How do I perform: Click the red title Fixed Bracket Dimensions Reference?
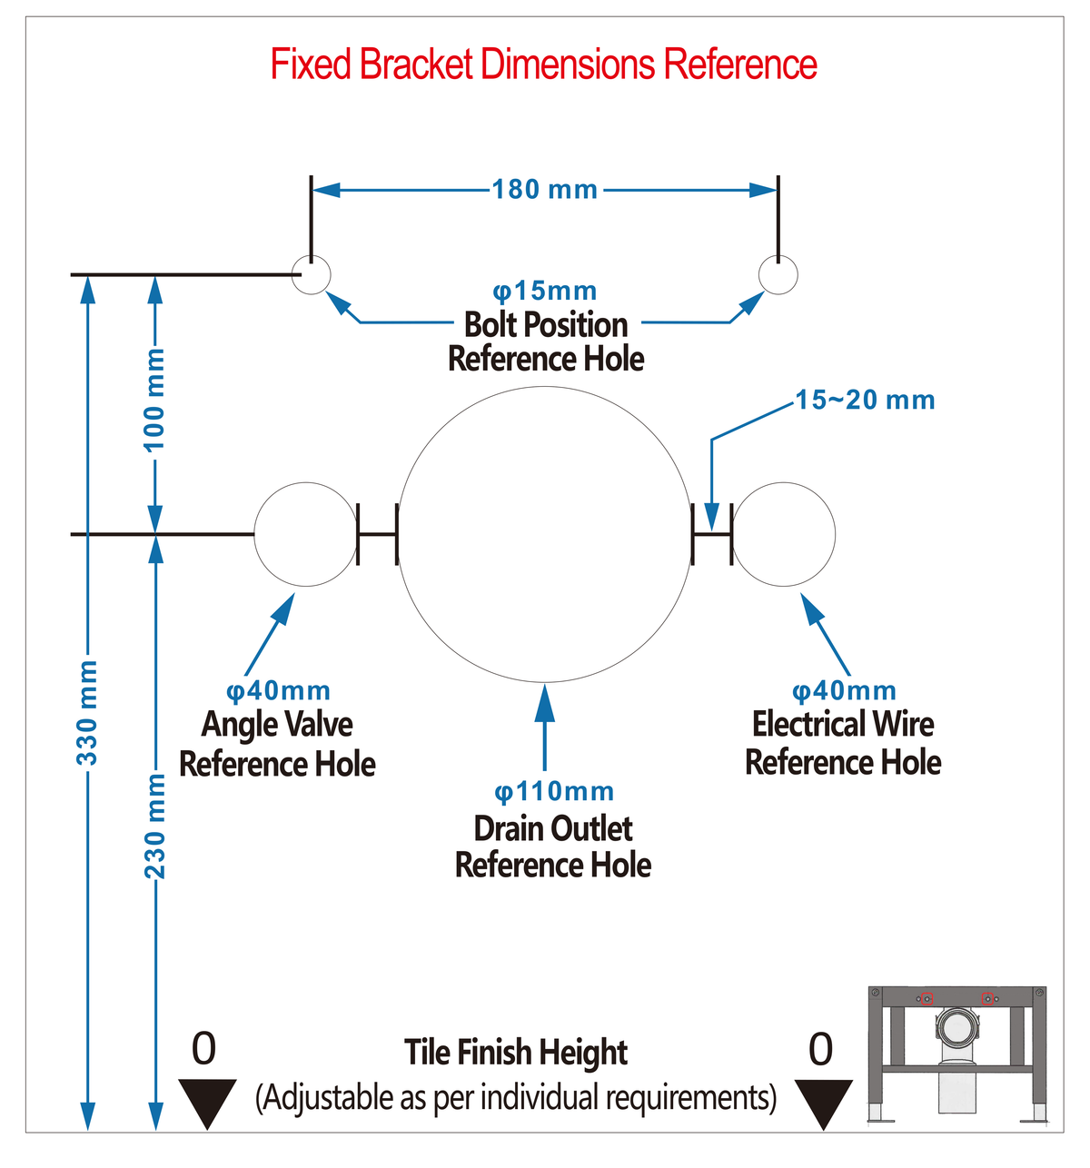(x=543, y=64)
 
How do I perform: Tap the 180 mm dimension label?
(x=544, y=190)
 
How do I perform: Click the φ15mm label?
(x=544, y=291)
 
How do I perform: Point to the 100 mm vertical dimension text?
(x=154, y=400)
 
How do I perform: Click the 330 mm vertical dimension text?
(x=87, y=713)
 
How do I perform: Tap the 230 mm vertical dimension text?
(x=154, y=827)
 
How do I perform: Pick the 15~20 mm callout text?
(x=865, y=400)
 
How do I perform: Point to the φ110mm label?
(x=554, y=792)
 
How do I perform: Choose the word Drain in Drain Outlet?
(x=510, y=829)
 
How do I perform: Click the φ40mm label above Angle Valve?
(x=278, y=691)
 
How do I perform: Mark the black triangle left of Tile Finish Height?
(x=207, y=1104)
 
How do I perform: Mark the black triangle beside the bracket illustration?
(x=823, y=1104)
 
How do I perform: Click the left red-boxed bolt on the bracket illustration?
(x=926, y=999)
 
